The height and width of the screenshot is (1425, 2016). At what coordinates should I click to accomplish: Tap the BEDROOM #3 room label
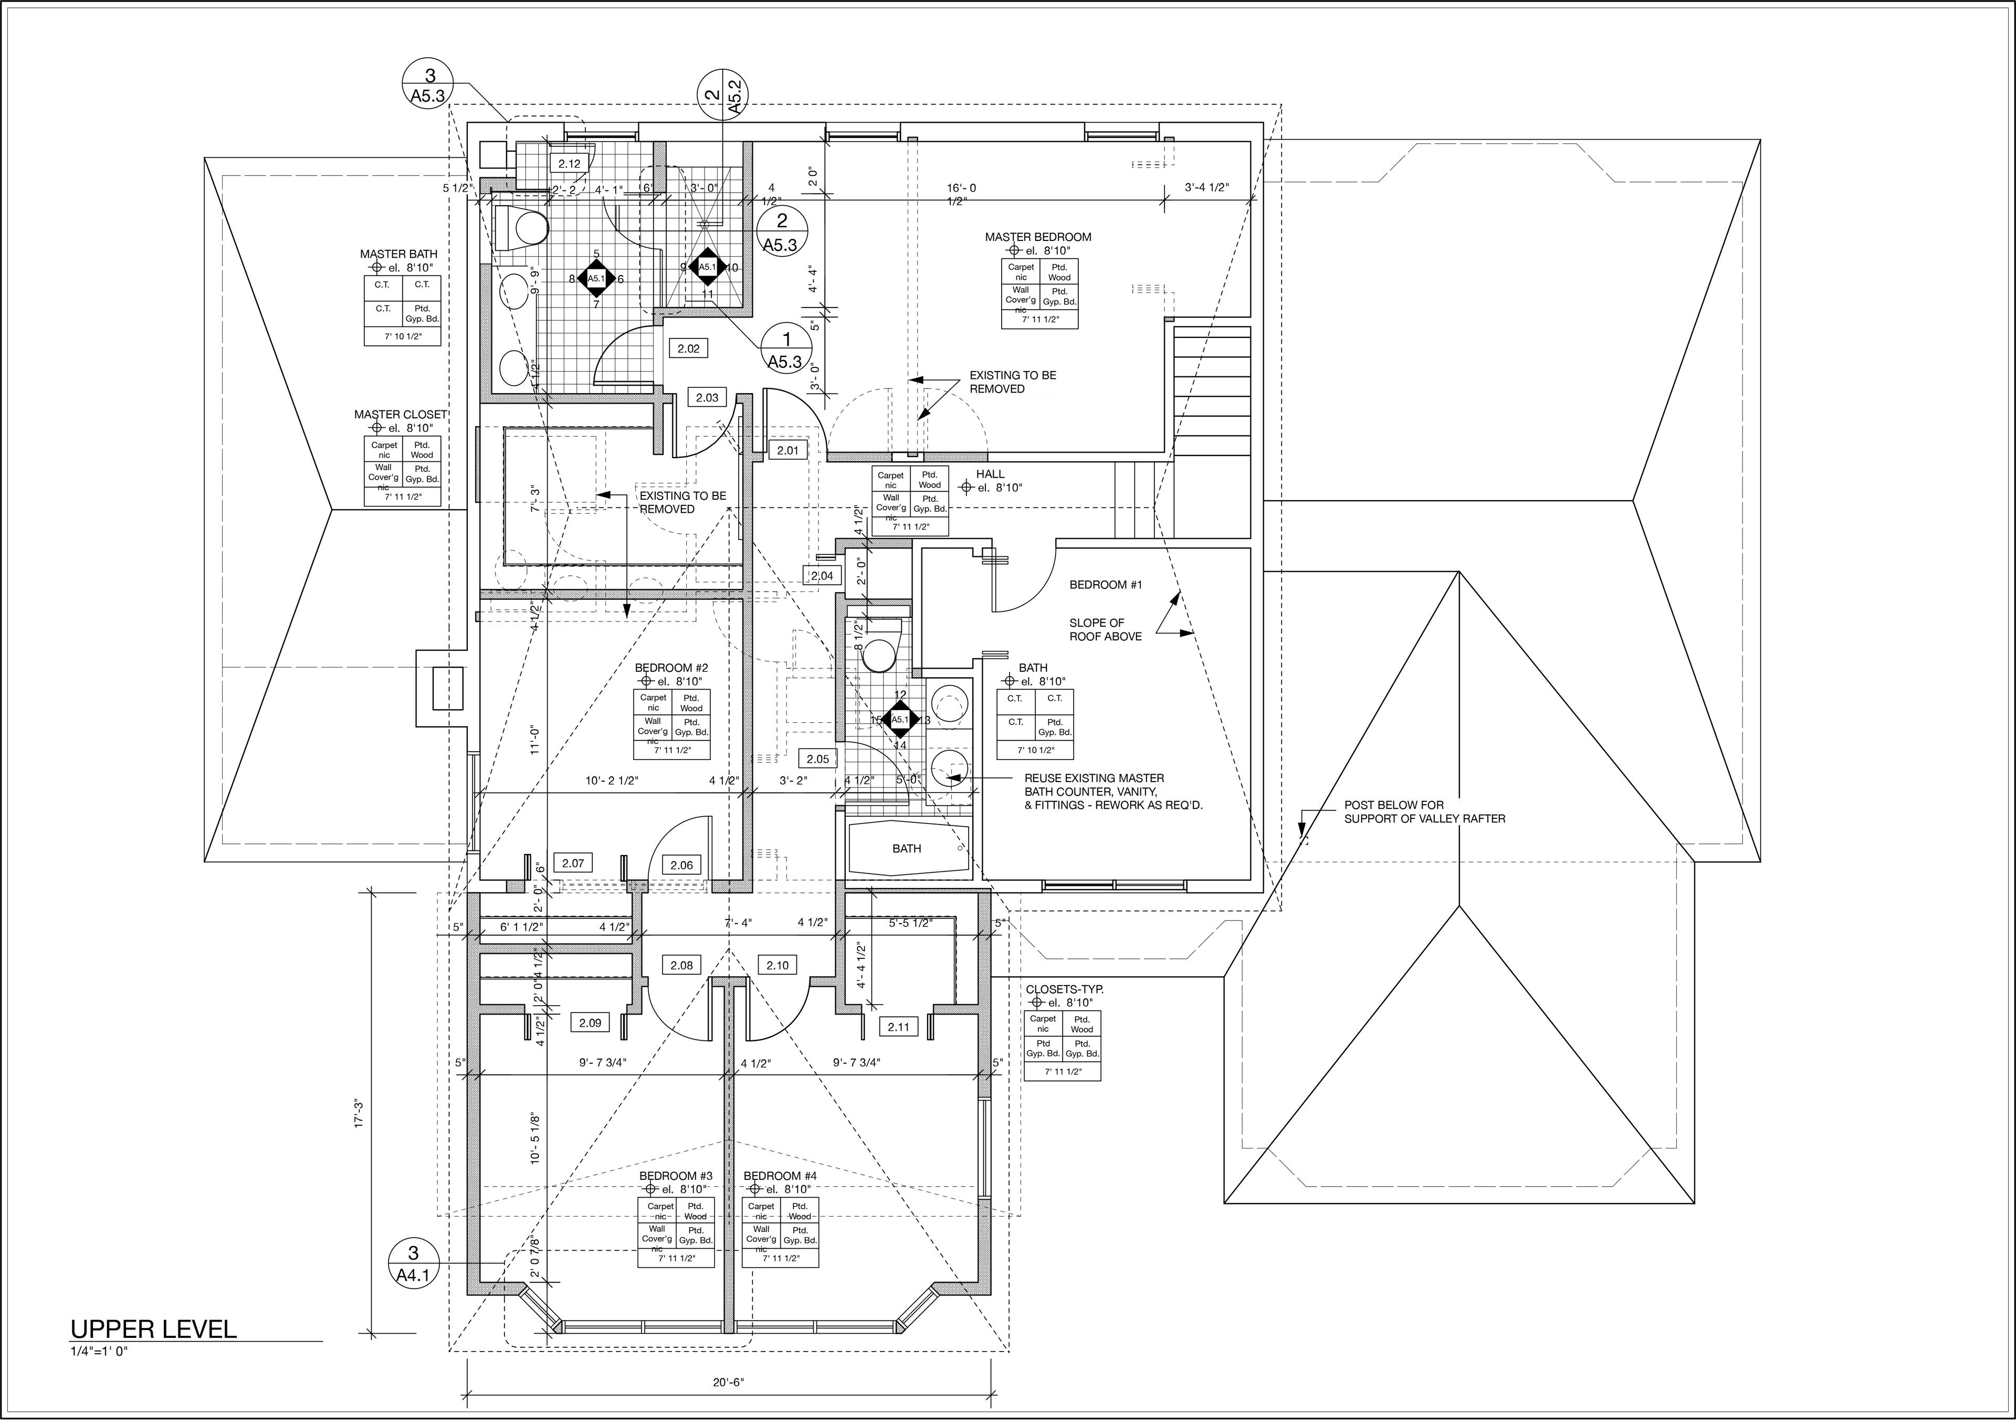(675, 1176)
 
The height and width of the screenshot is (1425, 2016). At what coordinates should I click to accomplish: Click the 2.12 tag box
(569, 163)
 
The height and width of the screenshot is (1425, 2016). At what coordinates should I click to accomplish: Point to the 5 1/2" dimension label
(457, 189)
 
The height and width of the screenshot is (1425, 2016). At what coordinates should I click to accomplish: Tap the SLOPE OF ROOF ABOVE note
(1106, 629)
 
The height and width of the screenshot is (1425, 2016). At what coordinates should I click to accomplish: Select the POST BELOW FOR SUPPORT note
(1424, 812)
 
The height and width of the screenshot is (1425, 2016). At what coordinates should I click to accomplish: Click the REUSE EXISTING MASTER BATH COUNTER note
(1111, 791)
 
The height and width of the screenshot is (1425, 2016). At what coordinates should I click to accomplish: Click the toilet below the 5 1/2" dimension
(521, 228)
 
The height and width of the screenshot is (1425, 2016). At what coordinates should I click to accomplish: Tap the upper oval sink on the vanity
(514, 290)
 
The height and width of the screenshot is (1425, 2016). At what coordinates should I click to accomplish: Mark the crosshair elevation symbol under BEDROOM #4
(754, 1189)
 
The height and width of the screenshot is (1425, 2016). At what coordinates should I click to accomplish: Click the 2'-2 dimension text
(564, 189)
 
